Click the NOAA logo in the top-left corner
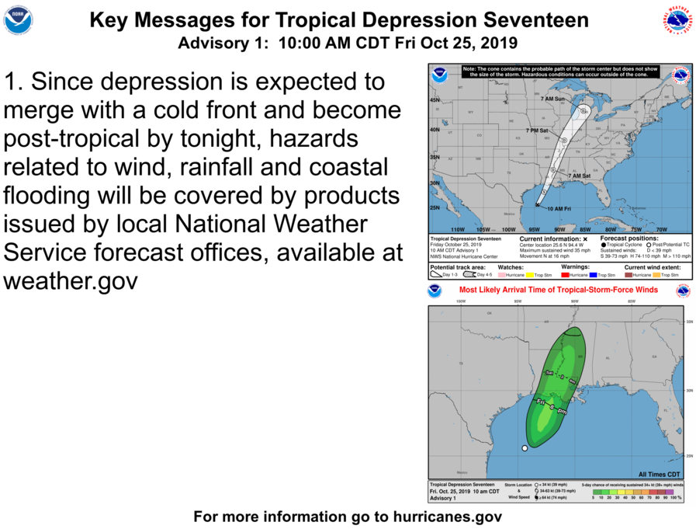(18, 19)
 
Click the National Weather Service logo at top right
(677, 19)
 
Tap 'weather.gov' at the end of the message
(71, 280)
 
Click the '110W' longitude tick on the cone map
(458, 230)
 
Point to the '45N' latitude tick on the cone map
(435, 101)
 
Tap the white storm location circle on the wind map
(525, 448)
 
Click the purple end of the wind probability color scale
(670, 491)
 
